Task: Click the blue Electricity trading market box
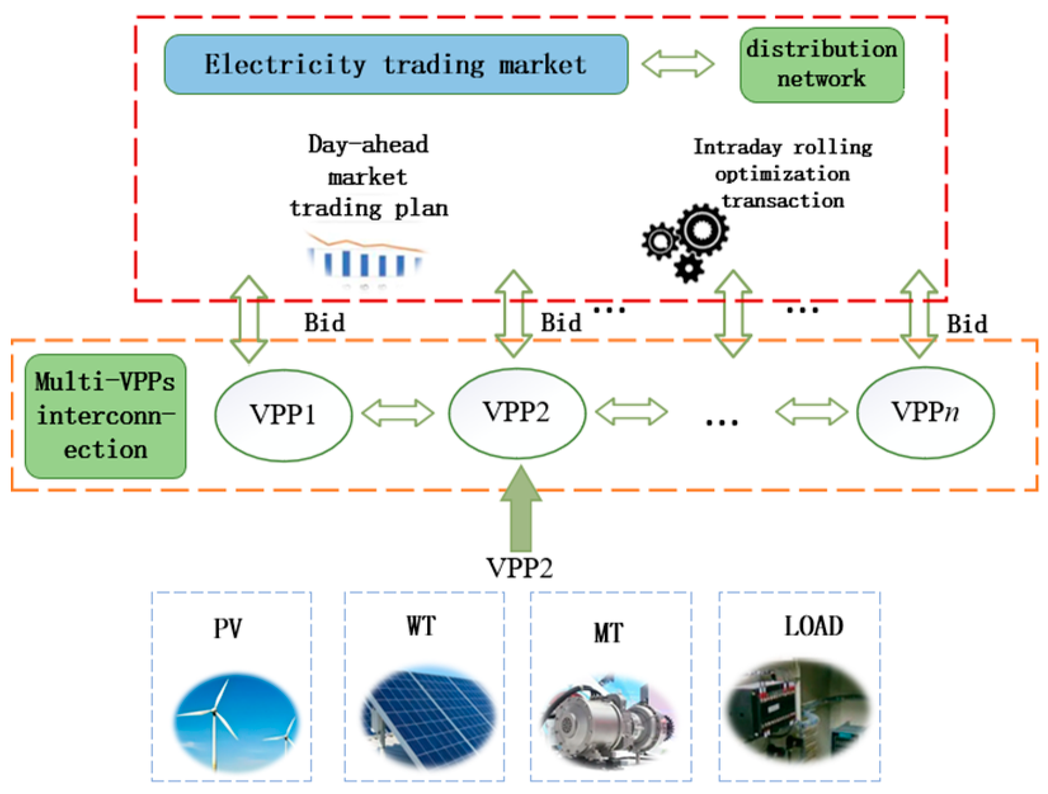[396, 65]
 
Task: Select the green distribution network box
[822, 65]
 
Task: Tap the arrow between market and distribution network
[678, 64]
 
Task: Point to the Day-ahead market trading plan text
[368, 176]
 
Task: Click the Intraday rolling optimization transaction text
[782, 174]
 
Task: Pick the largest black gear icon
[702, 229]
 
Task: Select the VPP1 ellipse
[283, 415]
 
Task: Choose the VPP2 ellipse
[517, 413]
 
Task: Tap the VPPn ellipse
[925, 413]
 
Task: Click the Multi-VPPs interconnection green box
[105, 416]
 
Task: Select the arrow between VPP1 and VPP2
[398, 413]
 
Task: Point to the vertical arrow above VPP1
[249, 319]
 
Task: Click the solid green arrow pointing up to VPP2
[521, 508]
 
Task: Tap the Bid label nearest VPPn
[967, 324]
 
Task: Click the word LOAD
[814, 626]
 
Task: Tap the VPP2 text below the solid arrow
[519, 567]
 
